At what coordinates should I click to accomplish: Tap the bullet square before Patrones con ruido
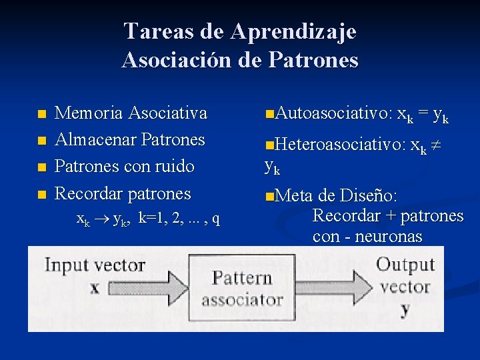(x=42, y=167)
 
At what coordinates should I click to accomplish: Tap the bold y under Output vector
(x=405, y=309)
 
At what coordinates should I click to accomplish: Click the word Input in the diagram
(x=66, y=265)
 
